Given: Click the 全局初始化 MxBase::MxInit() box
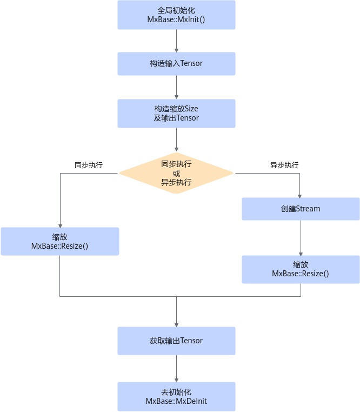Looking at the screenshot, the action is coord(176,15).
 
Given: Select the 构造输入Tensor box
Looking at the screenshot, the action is coord(176,64).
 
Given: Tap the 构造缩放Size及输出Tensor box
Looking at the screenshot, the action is coord(176,114).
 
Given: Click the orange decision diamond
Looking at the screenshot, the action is coord(176,173).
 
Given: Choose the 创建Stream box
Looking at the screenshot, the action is coord(301,209).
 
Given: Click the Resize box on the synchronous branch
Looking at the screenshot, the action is coord(60,242).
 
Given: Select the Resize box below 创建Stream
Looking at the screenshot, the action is coord(301,269).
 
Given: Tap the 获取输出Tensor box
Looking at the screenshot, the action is coord(176,341).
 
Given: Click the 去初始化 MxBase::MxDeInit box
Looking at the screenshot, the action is coord(176,396).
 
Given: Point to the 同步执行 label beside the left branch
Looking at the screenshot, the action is coord(89,165).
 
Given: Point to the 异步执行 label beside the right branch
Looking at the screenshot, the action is coord(284,165).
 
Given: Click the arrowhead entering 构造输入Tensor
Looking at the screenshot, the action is coord(176,50).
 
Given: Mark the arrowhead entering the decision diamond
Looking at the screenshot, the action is coord(176,150).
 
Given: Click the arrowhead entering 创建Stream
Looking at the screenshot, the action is coord(299,196).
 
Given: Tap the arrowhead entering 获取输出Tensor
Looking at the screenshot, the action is coord(176,325).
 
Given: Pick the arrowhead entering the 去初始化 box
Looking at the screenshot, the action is coord(176,380).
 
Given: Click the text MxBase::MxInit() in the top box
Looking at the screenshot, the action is coord(176,19).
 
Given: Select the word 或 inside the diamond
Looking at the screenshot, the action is coord(176,173).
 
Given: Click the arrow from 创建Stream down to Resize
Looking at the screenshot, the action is coord(301,238).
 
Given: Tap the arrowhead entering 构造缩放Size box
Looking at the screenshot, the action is coord(176,97).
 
